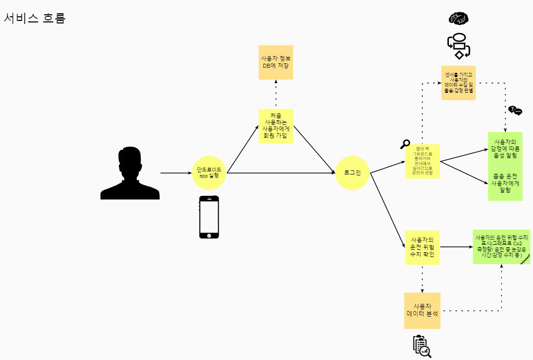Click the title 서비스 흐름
(x=35, y=18)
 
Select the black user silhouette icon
(x=130, y=173)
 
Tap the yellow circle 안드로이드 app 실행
(x=209, y=173)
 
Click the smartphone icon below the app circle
(x=209, y=217)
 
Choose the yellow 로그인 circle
(x=352, y=173)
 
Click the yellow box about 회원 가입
(x=275, y=126)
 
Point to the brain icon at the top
(x=458, y=18)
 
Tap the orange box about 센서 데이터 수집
(x=458, y=83)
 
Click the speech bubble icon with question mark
(x=515, y=111)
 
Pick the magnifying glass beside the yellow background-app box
(x=405, y=144)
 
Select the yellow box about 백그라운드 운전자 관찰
(x=422, y=161)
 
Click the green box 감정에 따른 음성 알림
(x=505, y=148)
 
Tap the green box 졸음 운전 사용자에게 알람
(x=505, y=183)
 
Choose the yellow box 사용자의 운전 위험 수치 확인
(x=422, y=247)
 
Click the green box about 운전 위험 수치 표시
(x=501, y=247)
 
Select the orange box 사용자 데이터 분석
(x=422, y=311)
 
